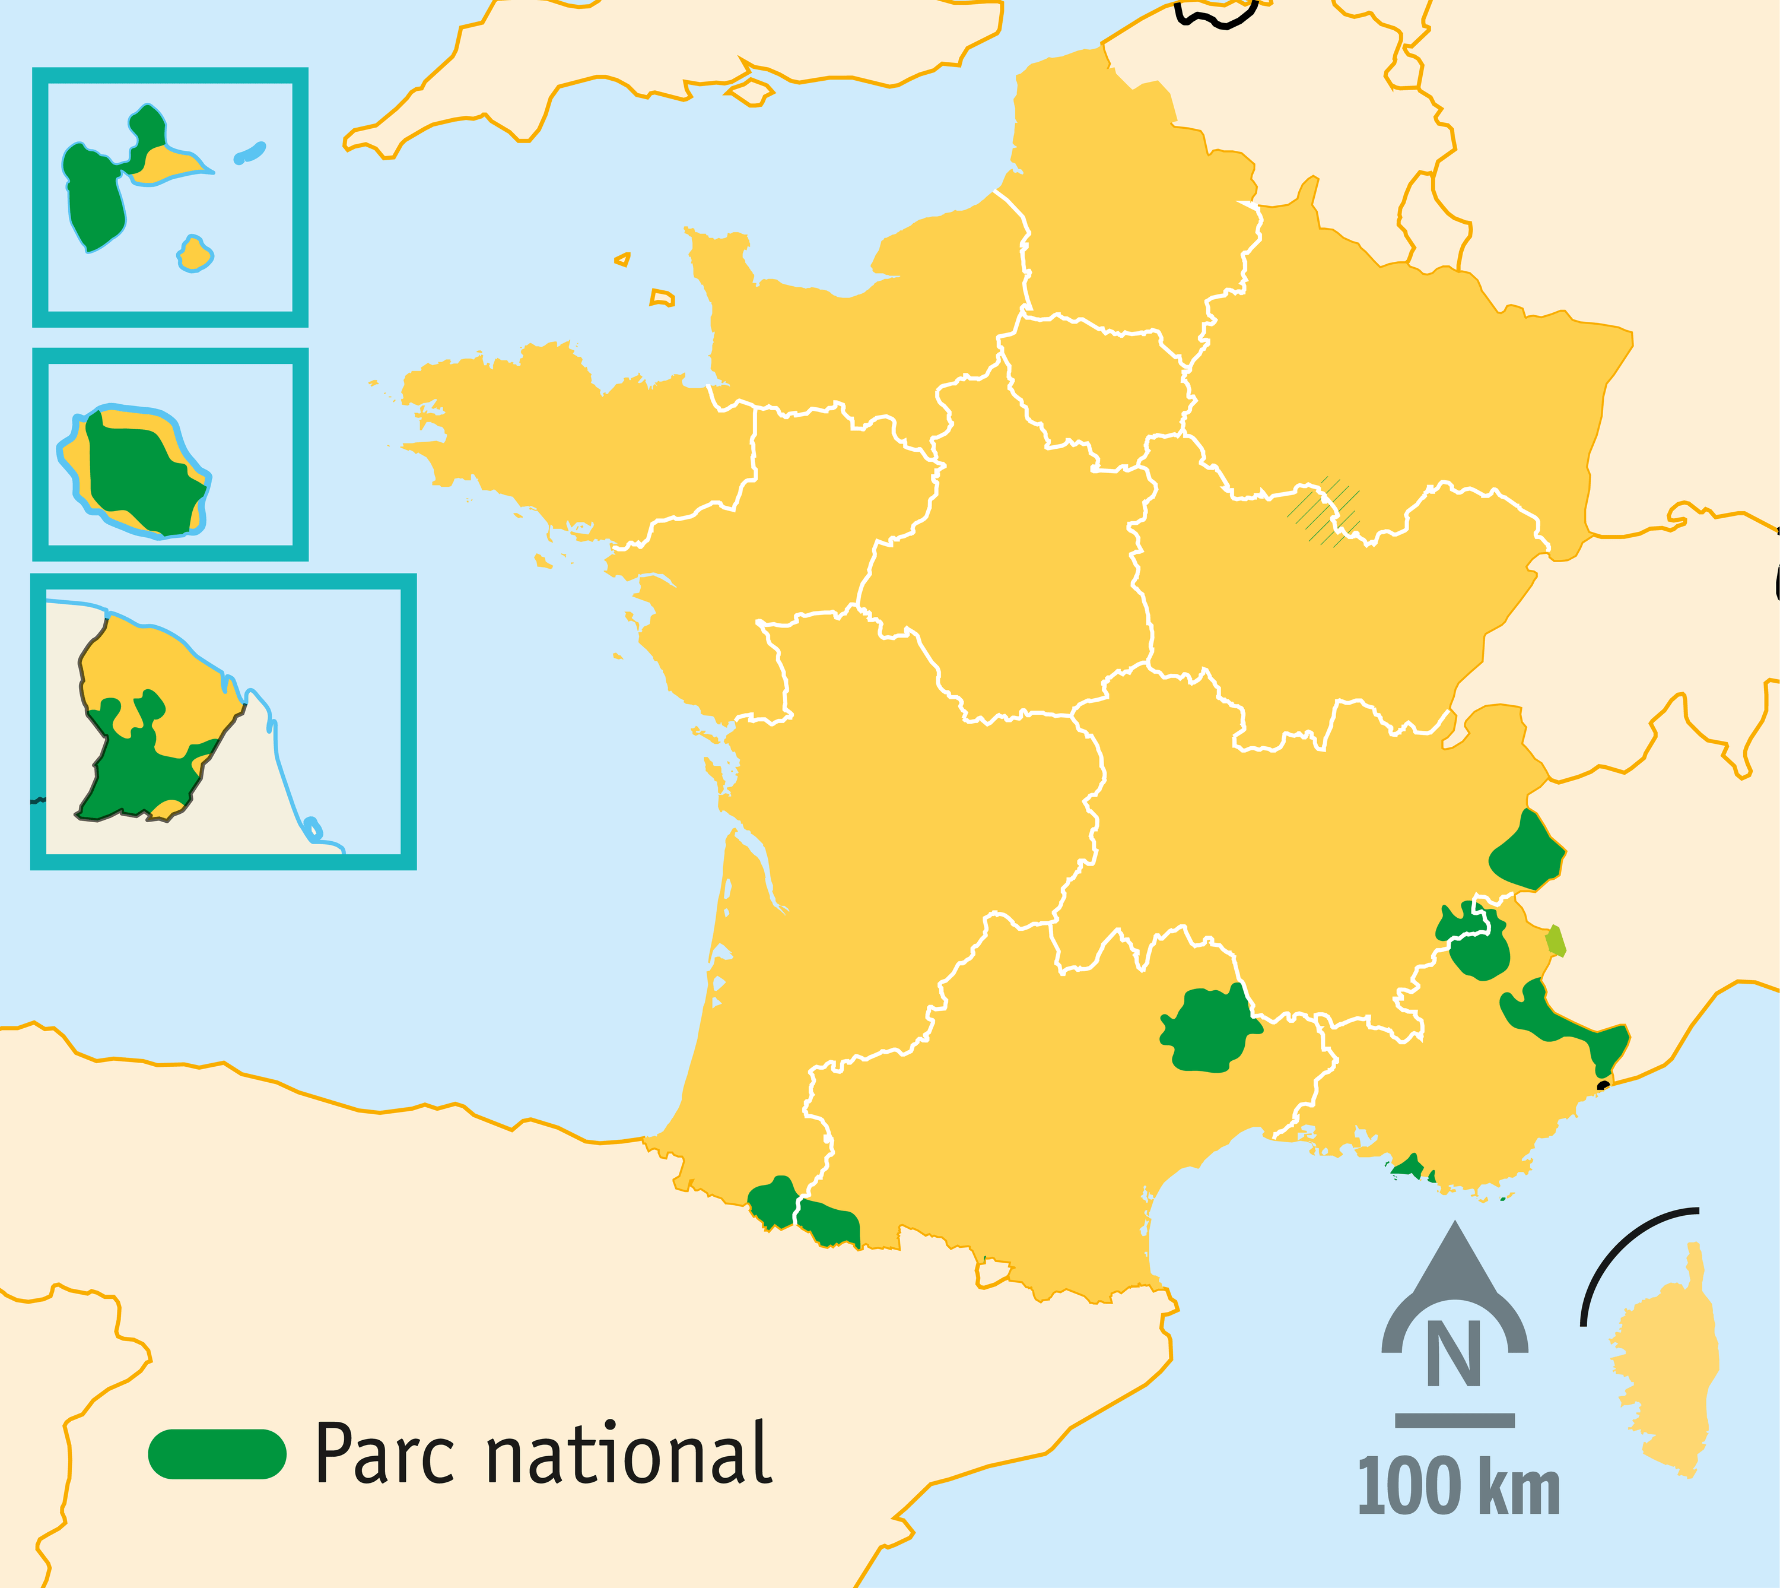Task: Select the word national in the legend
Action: (628, 1453)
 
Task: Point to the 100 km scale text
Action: (1458, 1487)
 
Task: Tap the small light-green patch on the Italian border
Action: (1555, 940)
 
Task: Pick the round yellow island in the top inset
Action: (195, 254)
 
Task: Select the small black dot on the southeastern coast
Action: (1603, 1086)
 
